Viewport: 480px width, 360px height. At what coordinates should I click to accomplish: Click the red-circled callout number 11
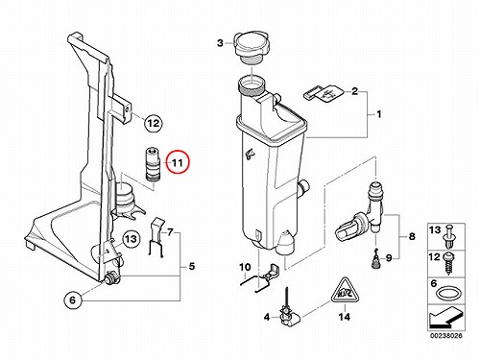point(178,162)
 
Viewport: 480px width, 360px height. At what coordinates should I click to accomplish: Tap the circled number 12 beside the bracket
point(154,123)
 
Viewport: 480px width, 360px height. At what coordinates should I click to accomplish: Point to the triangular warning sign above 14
point(345,292)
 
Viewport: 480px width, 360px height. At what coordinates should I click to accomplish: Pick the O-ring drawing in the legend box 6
point(447,293)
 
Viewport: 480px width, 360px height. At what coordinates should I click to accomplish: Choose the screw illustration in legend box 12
point(448,263)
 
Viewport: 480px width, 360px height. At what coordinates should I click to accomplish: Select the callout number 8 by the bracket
point(412,237)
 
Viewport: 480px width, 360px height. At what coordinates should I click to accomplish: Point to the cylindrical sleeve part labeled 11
point(153,163)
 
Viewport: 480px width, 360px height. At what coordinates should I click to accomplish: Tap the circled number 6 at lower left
point(73,300)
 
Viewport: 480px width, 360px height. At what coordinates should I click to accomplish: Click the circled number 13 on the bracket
point(131,239)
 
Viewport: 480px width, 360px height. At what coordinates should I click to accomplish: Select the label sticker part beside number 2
point(324,93)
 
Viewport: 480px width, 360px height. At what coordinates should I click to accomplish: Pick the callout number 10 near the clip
point(246,267)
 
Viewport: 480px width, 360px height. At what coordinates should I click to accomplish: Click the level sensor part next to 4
point(288,310)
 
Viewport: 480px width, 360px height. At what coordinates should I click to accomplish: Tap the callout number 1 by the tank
point(379,114)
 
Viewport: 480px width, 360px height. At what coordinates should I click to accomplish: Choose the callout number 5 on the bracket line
point(192,266)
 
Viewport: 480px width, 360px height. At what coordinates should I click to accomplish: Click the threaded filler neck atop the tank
point(252,85)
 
